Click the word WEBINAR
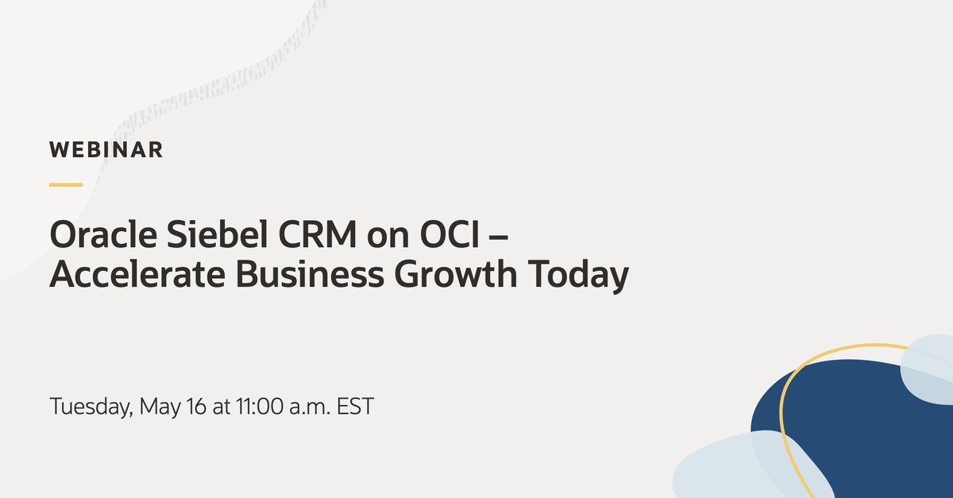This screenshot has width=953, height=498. tap(106, 149)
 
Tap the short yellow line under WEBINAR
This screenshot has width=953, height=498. tap(66, 185)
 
